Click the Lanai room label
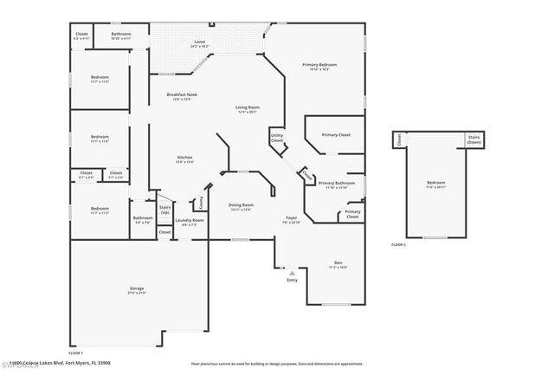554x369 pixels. tap(198, 41)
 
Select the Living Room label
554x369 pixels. tap(248, 107)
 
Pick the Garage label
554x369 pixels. tap(138, 288)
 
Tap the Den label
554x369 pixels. tap(338, 263)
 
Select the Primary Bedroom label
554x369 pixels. tap(319, 66)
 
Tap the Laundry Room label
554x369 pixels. tap(189, 221)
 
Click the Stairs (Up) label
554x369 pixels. tap(164, 210)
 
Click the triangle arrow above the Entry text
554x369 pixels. tap(292, 273)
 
